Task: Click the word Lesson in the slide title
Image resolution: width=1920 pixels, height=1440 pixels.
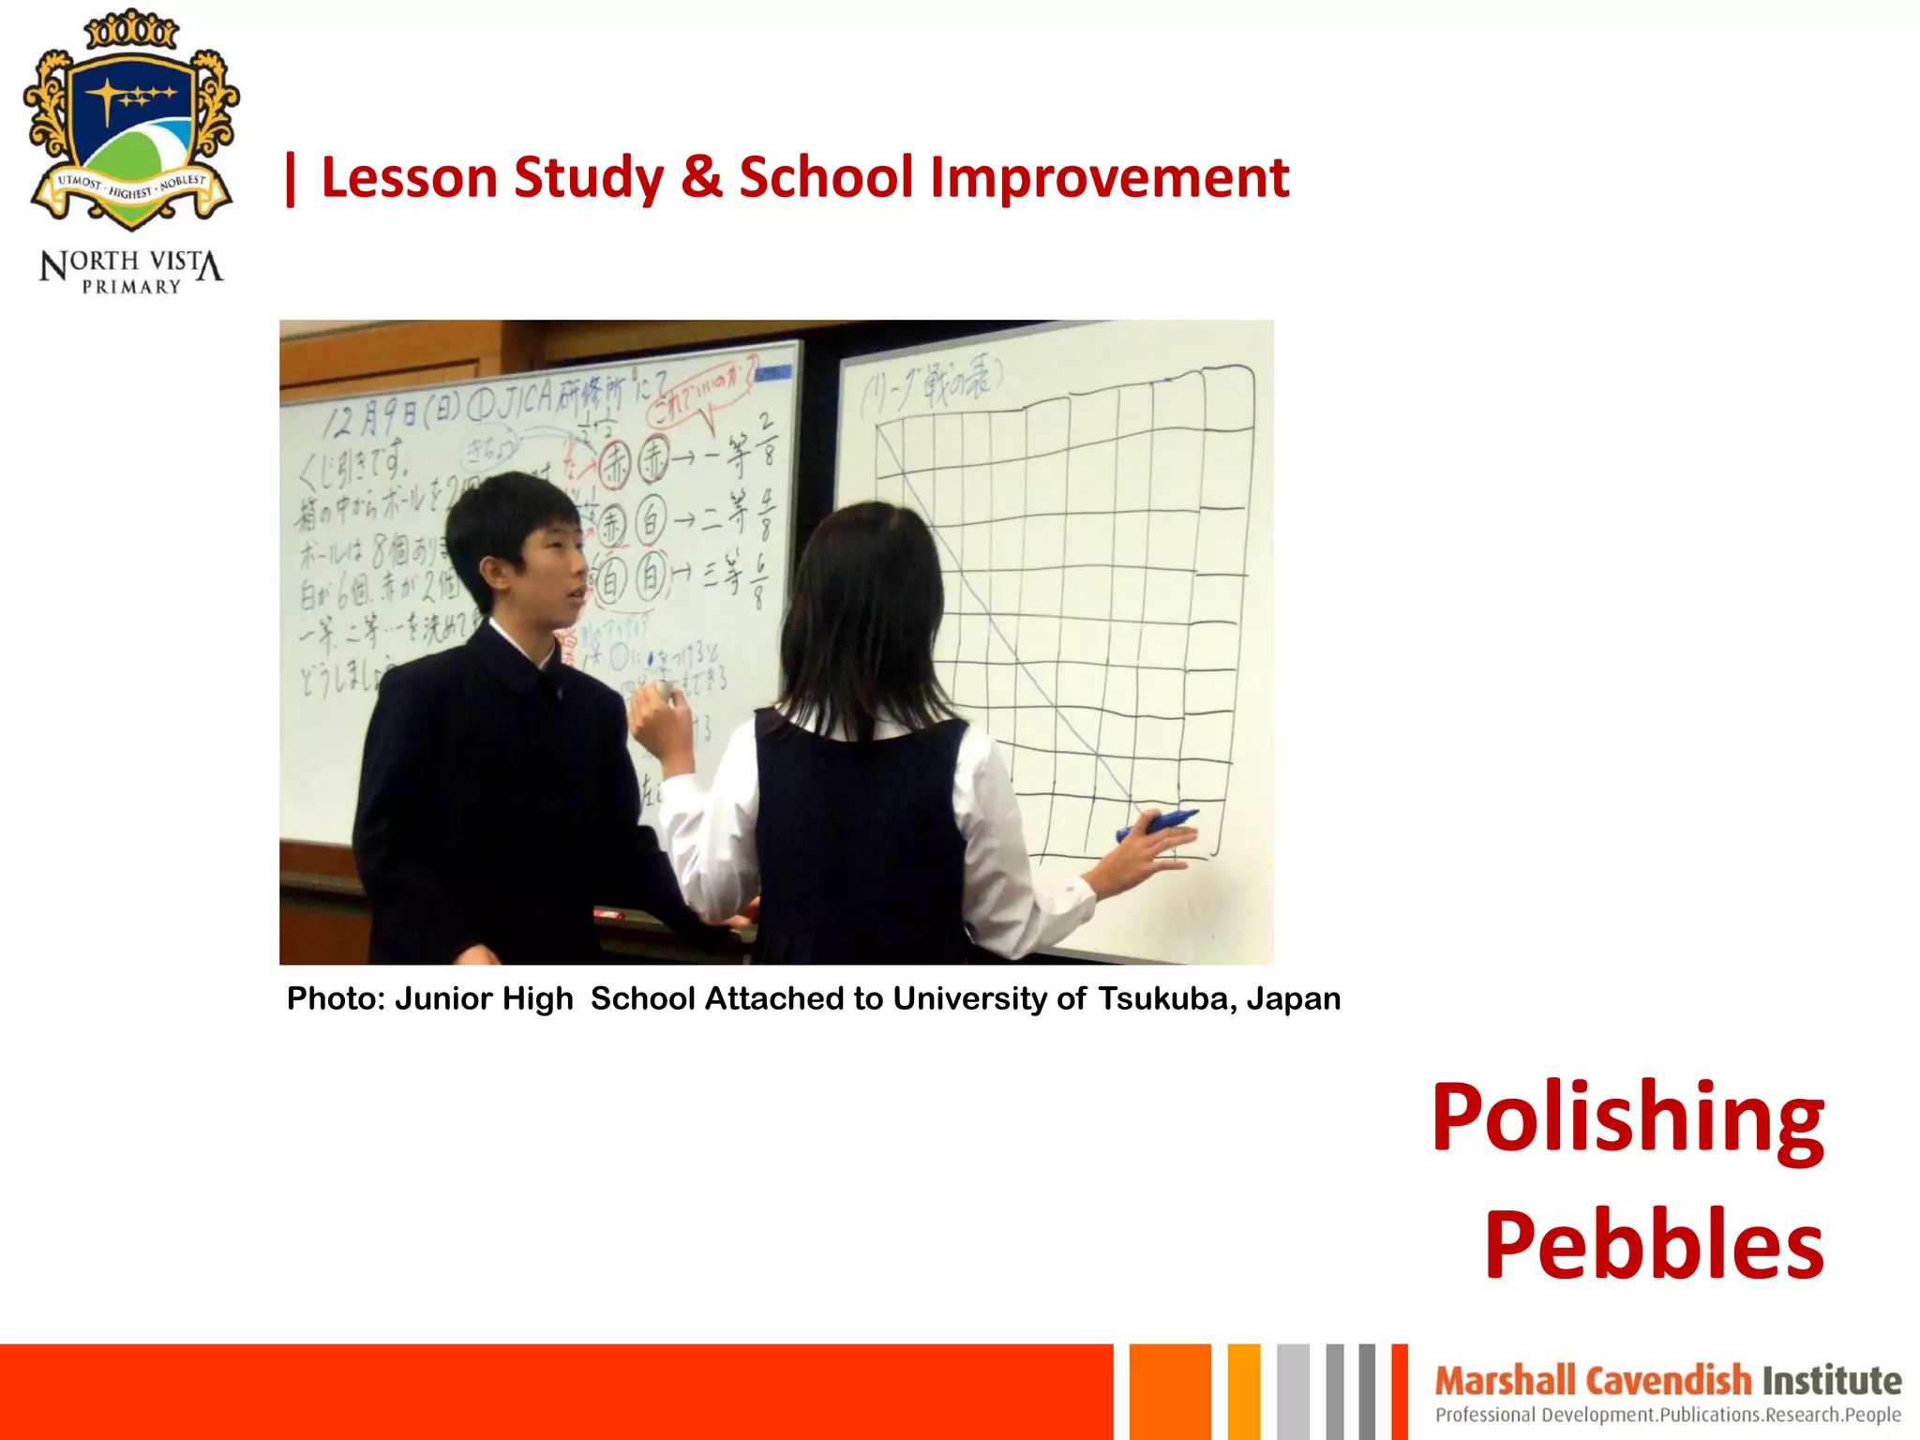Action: pyautogui.click(x=409, y=178)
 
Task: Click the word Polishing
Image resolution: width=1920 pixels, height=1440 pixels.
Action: pyautogui.click(x=1627, y=1119)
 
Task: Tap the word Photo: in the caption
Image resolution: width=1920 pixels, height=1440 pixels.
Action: pyautogui.click(x=336, y=999)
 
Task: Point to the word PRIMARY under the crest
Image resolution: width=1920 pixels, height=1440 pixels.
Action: pyautogui.click(x=131, y=287)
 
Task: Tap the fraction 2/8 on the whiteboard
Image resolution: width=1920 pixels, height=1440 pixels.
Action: pyautogui.click(x=767, y=440)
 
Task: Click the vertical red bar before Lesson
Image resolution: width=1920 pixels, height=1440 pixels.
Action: pyautogui.click(x=291, y=179)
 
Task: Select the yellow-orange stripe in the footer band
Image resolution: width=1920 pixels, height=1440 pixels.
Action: pyautogui.click(x=1243, y=1391)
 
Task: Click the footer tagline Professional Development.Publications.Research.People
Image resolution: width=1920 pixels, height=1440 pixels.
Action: pyautogui.click(x=1668, y=1415)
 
